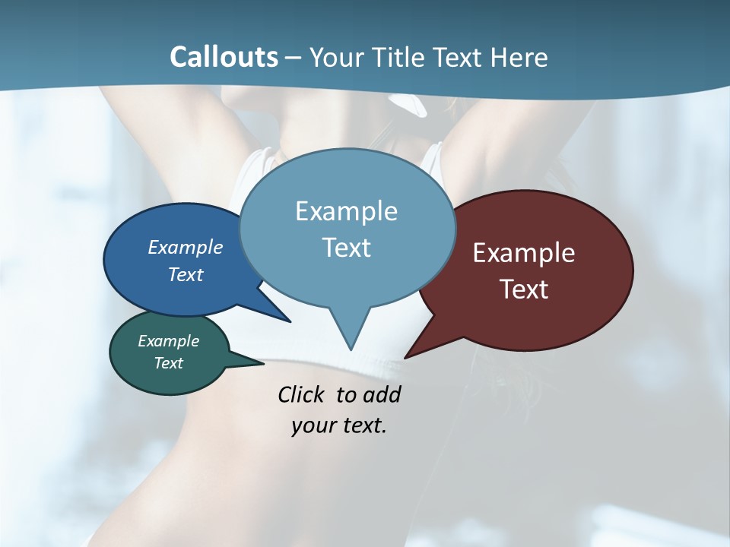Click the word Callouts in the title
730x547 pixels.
[224, 57]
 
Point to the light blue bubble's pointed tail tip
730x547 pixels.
[351, 349]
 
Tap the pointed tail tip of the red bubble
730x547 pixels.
[405, 357]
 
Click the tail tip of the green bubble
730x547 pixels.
[262, 363]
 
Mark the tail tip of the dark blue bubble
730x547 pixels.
[290, 321]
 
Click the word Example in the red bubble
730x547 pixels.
[524, 253]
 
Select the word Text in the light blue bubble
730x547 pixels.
[347, 248]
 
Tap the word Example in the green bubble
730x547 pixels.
[168, 341]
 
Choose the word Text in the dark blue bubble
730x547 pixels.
[186, 274]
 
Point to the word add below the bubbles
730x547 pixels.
[381, 394]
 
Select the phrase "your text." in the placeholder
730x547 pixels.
[339, 425]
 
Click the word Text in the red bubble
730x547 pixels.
[524, 289]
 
